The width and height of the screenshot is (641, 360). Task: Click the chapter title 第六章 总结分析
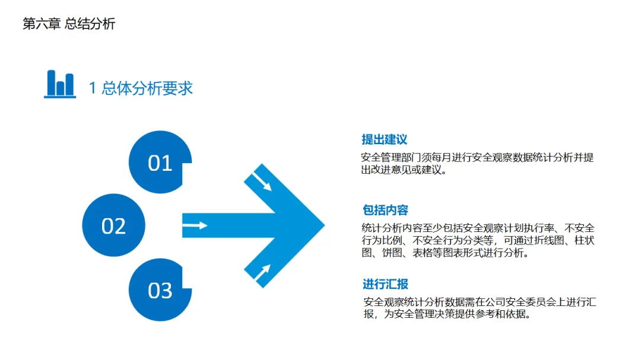click(x=69, y=24)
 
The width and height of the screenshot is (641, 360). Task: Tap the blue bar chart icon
click(x=60, y=84)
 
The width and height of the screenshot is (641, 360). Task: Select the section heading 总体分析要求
click(x=147, y=88)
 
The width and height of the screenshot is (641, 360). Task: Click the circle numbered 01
click(x=159, y=163)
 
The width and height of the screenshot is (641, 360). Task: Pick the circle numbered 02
click(x=113, y=226)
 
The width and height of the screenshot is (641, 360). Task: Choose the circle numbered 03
click(x=159, y=291)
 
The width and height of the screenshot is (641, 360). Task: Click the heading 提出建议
click(x=385, y=140)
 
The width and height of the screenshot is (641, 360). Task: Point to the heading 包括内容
click(x=385, y=211)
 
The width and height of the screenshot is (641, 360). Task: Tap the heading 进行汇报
click(x=385, y=284)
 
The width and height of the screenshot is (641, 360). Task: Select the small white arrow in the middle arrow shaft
click(x=195, y=225)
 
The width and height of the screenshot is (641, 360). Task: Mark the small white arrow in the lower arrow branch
click(x=262, y=272)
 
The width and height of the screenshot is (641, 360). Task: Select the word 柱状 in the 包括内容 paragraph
click(x=583, y=241)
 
